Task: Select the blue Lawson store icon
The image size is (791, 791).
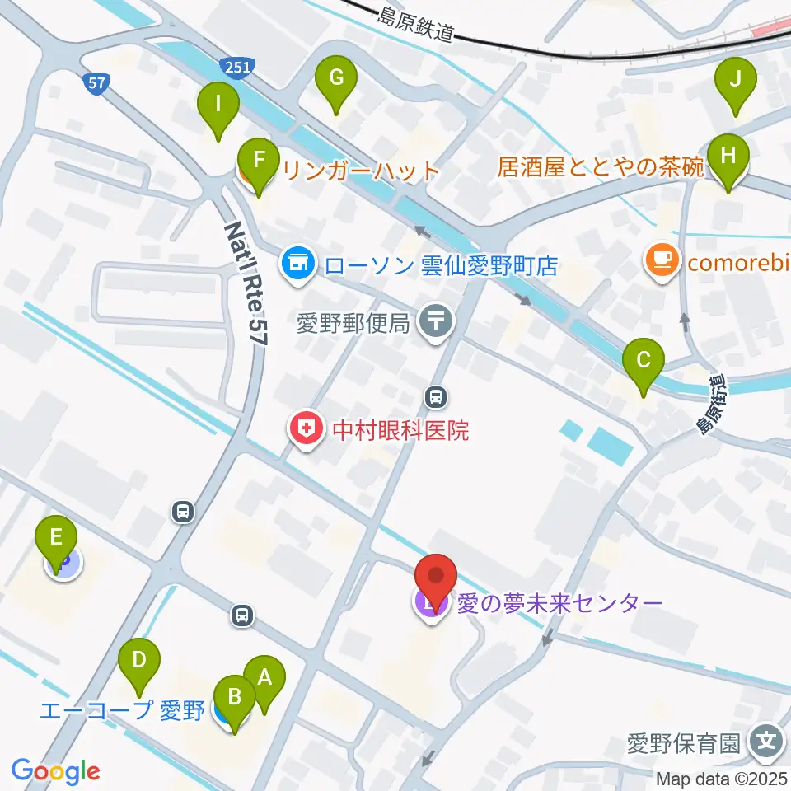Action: (x=297, y=265)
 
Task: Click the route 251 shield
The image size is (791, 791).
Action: (x=235, y=68)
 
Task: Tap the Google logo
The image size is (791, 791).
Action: (x=55, y=771)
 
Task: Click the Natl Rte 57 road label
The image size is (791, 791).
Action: (x=245, y=276)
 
